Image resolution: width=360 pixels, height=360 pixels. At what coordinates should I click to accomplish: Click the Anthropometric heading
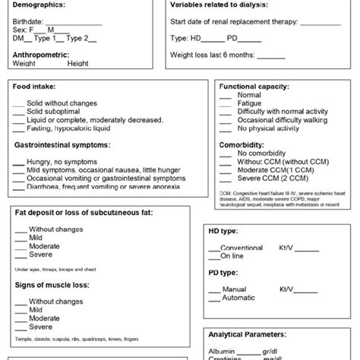pyautogui.click(x=46, y=55)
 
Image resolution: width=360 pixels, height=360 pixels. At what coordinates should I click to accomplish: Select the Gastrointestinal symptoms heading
pyautogui.click(x=66, y=143)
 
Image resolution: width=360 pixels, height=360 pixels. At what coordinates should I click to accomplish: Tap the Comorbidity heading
pyautogui.click(x=242, y=142)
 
